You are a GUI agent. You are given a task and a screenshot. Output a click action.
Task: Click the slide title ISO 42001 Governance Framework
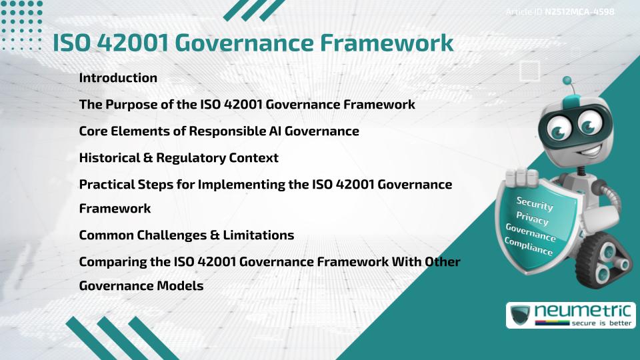253,43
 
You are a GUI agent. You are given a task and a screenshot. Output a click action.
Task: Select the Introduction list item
118,78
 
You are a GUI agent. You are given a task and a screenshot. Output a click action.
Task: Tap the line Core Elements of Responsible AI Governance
219,131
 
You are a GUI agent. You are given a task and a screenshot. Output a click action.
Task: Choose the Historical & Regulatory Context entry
179,158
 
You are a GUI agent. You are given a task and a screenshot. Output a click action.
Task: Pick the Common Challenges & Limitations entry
187,235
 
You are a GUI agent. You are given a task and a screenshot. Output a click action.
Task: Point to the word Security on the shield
535,203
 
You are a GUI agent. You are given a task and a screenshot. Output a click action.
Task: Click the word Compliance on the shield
528,247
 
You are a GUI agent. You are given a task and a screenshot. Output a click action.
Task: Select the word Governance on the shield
530,233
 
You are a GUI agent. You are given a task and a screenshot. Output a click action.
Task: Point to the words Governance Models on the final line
141,285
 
